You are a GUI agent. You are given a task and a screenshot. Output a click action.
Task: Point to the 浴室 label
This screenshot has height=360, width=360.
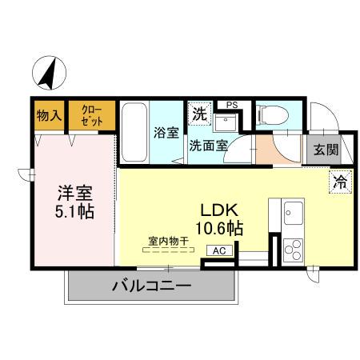pyautogui.click(x=166, y=132)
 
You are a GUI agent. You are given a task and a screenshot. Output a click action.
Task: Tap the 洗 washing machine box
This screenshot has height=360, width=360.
pyautogui.click(x=198, y=113)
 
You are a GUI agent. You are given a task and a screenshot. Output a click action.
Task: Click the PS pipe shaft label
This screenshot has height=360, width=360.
pyautogui.click(x=232, y=105)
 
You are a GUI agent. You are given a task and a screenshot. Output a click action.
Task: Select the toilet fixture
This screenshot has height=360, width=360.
pyautogui.click(x=270, y=117)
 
